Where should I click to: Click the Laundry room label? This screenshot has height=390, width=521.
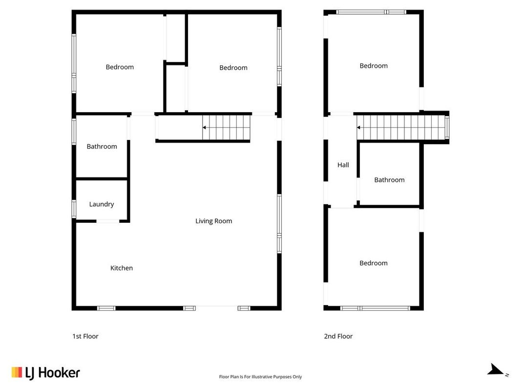(x=102, y=204)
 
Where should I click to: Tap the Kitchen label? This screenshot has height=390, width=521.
(x=121, y=268)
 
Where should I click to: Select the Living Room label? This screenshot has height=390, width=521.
(x=214, y=221)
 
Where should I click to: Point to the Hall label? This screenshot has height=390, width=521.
(x=343, y=165)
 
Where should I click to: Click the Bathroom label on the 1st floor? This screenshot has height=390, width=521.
(x=102, y=147)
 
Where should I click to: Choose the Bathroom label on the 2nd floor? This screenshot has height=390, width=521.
(x=390, y=180)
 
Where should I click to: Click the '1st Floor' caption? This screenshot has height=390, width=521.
(x=85, y=336)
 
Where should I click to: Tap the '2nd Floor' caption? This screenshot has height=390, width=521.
(x=338, y=336)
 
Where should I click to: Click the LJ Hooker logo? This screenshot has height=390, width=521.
(x=46, y=373)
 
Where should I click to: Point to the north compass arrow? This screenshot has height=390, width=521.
(x=496, y=370)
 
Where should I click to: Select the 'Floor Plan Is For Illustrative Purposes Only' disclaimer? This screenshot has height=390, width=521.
(x=261, y=377)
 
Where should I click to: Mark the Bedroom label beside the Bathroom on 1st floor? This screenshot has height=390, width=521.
(x=120, y=67)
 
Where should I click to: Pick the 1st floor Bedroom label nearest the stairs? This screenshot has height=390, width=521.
(x=233, y=68)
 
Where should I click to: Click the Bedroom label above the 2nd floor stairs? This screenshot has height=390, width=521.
(x=374, y=66)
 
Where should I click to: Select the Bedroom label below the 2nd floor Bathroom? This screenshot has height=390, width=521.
(x=374, y=263)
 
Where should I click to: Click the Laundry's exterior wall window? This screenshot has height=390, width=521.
(x=74, y=209)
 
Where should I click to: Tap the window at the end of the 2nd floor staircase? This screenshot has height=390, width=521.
(x=447, y=128)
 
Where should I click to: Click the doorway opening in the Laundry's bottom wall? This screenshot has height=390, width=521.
(x=107, y=221)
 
